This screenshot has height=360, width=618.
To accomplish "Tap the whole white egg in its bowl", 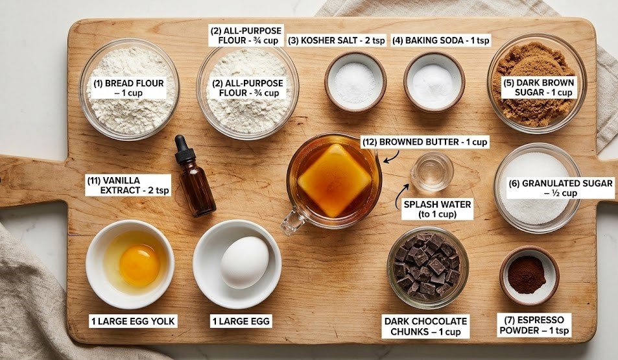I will click(244, 261).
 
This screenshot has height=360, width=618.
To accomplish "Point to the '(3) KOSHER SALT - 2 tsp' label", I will click(337, 40).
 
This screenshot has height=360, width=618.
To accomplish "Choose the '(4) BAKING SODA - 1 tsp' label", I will click(441, 40).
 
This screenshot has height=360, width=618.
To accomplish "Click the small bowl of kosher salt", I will click(355, 82).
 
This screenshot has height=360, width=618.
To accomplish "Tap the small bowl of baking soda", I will click(433, 82).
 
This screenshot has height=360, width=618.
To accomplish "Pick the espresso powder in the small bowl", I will click(527, 274).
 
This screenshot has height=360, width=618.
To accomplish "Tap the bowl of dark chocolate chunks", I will click(427, 266).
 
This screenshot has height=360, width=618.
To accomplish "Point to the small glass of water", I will click(432, 171).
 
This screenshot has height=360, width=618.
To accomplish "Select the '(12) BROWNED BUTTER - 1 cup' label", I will click(424, 142).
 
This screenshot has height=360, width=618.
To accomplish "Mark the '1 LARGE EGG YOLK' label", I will click(132, 320).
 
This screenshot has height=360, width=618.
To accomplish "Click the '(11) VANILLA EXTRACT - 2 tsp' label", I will click(128, 186).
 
